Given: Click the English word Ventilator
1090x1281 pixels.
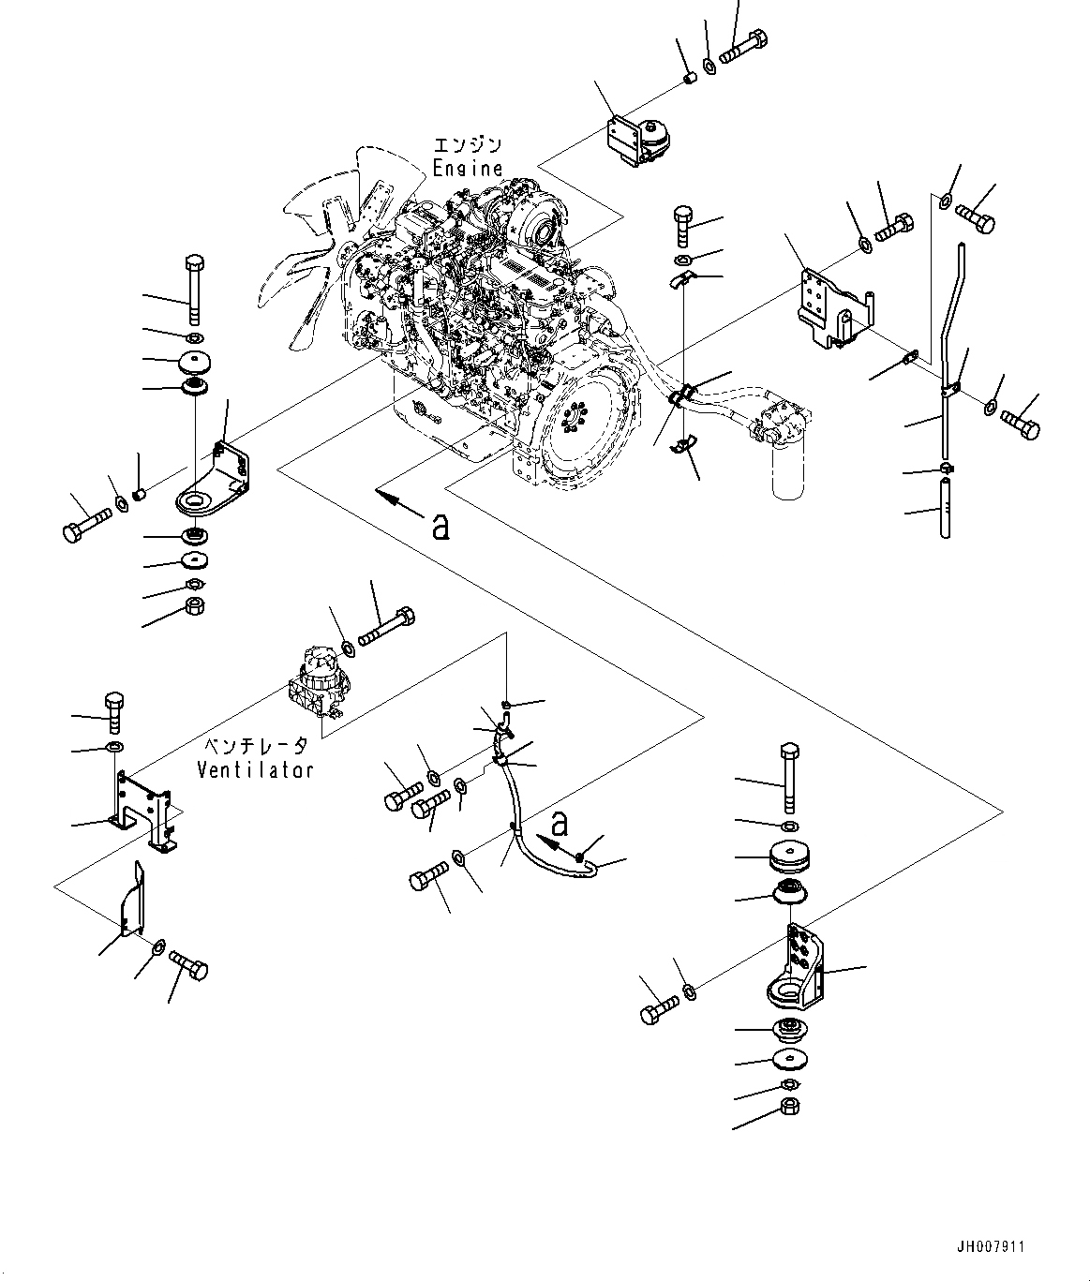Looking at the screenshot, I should (x=254, y=770).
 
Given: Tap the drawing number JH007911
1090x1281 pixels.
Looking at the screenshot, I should (x=991, y=1247).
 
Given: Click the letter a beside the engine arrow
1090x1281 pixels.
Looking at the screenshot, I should (x=440, y=527).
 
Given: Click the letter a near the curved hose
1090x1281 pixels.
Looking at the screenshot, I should (x=560, y=824).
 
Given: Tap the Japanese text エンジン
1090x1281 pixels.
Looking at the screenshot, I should (x=467, y=145).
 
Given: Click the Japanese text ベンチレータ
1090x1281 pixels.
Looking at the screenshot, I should (x=254, y=747).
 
